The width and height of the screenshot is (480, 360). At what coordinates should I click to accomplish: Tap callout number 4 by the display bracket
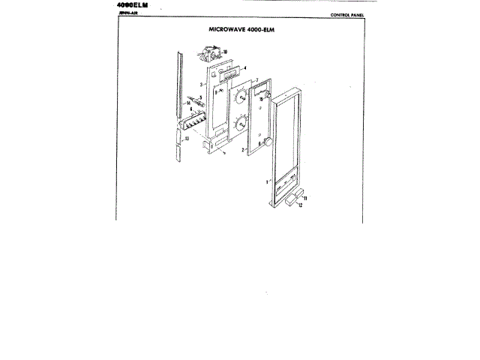click(x=245, y=67)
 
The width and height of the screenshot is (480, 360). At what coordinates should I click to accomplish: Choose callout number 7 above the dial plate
click(x=256, y=79)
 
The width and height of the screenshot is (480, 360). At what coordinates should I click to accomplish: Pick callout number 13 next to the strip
click(x=186, y=139)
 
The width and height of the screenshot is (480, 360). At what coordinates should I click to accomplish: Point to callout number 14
click(x=189, y=102)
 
